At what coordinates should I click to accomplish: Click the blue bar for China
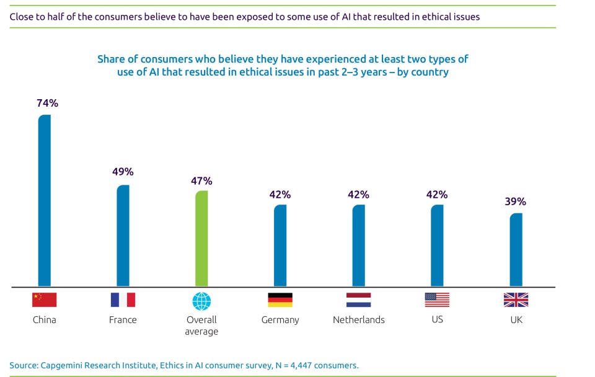click(x=45, y=202)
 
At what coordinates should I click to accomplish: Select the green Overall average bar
click(x=201, y=239)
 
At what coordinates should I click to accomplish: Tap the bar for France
click(x=123, y=236)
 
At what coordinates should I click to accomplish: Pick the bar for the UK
click(x=516, y=251)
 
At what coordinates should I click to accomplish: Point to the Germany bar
click(x=280, y=246)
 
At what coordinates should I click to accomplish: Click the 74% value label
click(x=47, y=104)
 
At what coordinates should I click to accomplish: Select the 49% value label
click(x=123, y=172)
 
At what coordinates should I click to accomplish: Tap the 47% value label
click(x=201, y=181)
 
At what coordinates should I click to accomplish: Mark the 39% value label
click(x=516, y=202)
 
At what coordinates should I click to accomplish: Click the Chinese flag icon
click(x=45, y=300)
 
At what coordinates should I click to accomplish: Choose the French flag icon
click(x=123, y=300)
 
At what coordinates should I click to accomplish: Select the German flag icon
click(x=280, y=300)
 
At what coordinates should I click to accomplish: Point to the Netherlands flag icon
click(x=358, y=300)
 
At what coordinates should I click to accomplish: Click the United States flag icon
click(x=437, y=300)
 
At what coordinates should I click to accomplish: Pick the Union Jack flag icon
click(x=516, y=300)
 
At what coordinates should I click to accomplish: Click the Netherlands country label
click(x=358, y=320)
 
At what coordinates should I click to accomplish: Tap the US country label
click(x=437, y=320)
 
